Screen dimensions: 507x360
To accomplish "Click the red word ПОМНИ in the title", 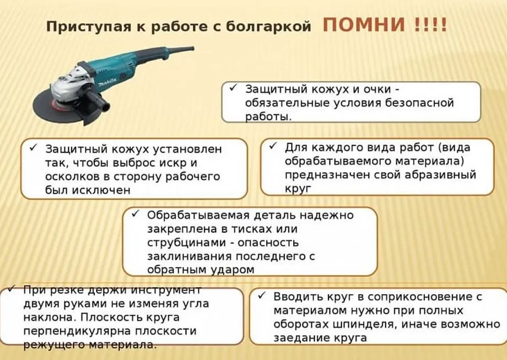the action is tap(364, 25).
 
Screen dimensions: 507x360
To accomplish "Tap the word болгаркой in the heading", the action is tap(268, 26).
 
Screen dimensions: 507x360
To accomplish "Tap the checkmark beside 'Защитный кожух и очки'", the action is tap(233, 88).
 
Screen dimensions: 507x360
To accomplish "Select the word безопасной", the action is tap(420, 103).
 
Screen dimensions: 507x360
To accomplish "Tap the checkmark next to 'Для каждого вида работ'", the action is tap(273, 146).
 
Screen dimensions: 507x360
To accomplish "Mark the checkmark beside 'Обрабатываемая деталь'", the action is tap(136, 214).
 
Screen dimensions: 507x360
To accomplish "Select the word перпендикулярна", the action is tap(77, 331).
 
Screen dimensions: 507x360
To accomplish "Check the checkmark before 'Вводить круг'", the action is tap(262, 295).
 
